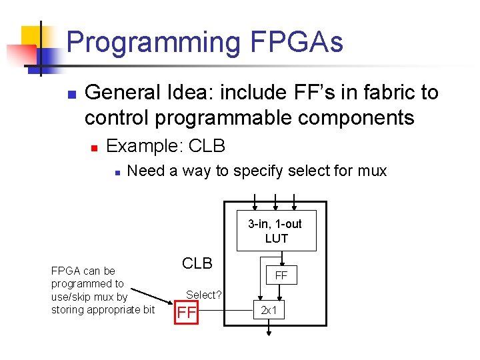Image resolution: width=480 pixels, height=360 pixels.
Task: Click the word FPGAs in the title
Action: point(297,43)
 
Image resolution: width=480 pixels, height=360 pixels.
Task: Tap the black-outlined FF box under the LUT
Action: point(281,275)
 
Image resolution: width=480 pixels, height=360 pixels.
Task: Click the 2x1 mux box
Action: point(269,311)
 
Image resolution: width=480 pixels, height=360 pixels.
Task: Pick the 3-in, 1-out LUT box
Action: point(276,231)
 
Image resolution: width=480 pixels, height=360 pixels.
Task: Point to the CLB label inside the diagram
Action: point(197,263)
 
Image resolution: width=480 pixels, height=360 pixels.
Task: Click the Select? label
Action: point(204,294)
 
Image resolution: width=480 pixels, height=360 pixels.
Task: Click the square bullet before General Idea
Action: point(72,94)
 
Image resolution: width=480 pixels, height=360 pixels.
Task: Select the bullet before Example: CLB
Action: point(95,146)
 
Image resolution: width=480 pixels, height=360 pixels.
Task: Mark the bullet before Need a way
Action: point(116,172)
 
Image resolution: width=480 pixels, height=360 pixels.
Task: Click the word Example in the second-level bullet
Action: point(143,145)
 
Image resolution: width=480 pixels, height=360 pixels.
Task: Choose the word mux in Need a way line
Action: point(371,171)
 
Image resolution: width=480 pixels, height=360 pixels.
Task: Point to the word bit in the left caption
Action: point(149,309)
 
